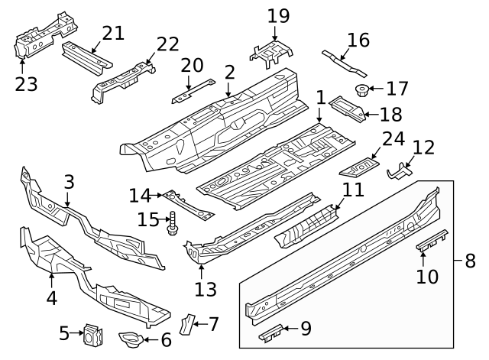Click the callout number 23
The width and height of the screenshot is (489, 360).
pos(26,83)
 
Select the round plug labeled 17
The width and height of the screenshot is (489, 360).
pos(360,92)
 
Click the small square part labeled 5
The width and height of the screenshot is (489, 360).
pos(94,334)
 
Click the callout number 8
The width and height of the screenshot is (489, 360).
pos(469,261)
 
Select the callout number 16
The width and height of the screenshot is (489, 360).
pos(358,40)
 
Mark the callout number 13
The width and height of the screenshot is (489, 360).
pos(206,289)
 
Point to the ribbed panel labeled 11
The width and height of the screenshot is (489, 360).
pos(306,225)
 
